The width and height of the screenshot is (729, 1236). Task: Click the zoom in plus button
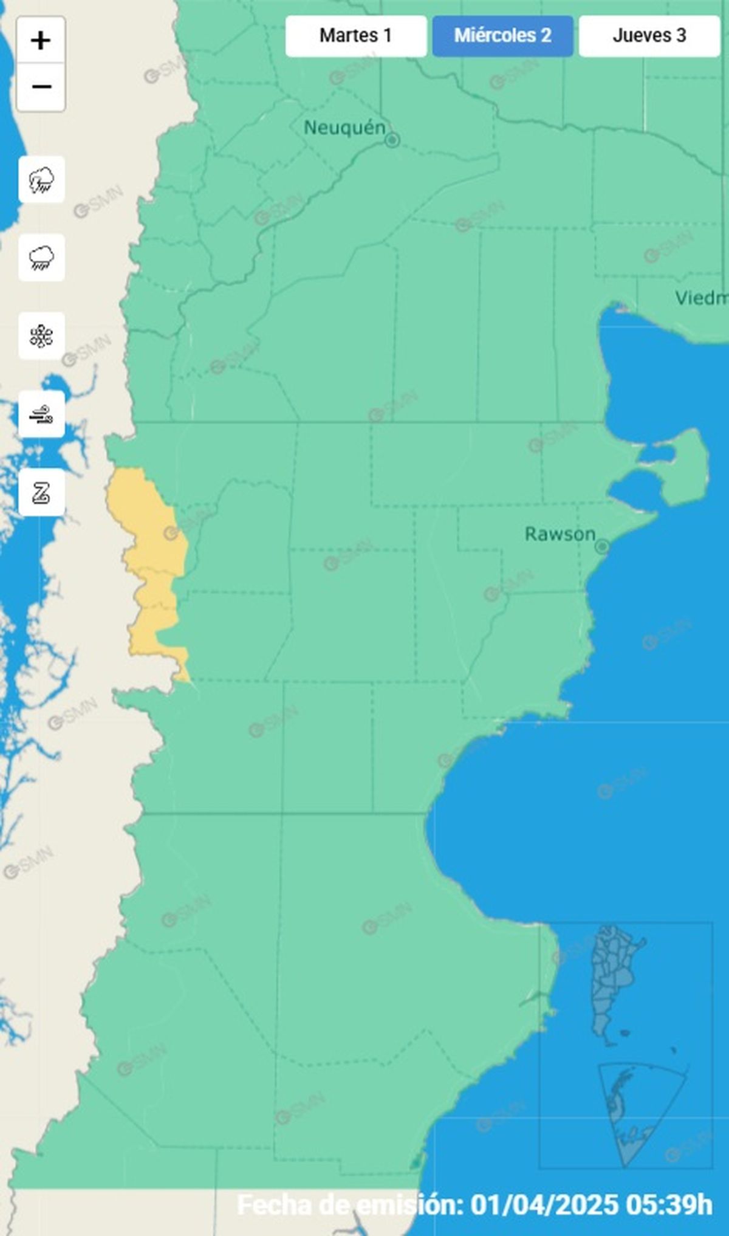click(x=41, y=41)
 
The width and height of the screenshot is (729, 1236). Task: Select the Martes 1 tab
click(x=355, y=36)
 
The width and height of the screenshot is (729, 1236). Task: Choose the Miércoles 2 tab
click(x=502, y=36)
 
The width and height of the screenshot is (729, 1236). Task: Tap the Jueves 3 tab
click(x=649, y=36)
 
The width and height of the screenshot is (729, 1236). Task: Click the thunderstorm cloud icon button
click(x=41, y=180)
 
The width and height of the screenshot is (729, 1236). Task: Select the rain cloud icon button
click(x=41, y=258)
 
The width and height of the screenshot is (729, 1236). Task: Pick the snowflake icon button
click(x=41, y=336)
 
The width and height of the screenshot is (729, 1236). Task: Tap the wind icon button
click(x=41, y=414)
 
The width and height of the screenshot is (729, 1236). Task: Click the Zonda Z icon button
click(x=41, y=493)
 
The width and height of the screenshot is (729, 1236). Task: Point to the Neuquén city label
click(x=344, y=128)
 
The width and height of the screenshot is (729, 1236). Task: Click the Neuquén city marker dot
click(x=392, y=140)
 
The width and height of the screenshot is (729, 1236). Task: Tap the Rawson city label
click(x=560, y=534)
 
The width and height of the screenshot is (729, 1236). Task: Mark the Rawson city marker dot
click(x=601, y=546)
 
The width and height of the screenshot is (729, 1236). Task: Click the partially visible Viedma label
click(x=702, y=298)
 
